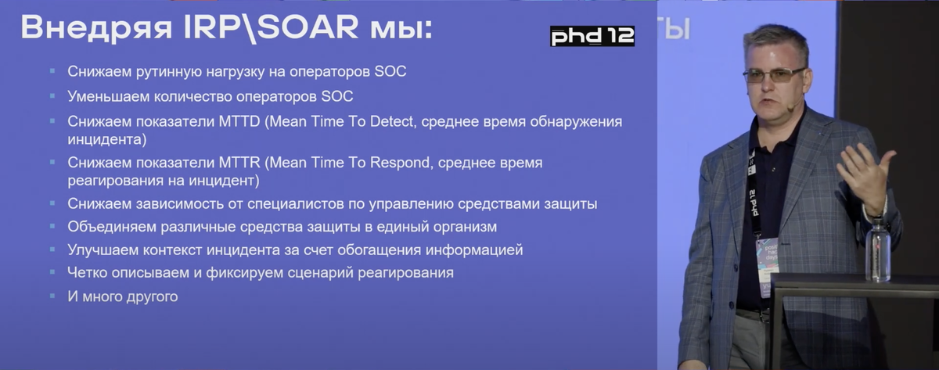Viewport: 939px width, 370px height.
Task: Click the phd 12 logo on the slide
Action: pos(592,36)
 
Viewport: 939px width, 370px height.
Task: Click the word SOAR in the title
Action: pos(308,27)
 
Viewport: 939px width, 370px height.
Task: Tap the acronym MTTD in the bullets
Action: pos(239,121)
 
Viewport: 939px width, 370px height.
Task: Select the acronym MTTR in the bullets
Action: pos(239,162)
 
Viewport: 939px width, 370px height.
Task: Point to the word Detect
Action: pos(391,121)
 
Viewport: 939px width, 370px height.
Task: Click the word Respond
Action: pos(401,163)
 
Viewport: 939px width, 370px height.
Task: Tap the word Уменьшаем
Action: pos(108,96)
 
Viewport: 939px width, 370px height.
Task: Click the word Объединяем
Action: pos(111,227)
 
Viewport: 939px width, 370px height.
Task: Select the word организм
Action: pos(465,227)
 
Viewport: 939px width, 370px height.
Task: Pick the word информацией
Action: pos(474,250)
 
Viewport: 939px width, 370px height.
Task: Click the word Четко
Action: pos(85,273)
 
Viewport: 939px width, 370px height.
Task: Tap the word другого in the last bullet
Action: pos(153,296)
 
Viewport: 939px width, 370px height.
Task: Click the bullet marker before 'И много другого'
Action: pos(52,296)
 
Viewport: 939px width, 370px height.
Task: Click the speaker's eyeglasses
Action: pos(774,75)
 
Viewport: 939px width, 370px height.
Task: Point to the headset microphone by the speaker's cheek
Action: pos(791,108)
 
